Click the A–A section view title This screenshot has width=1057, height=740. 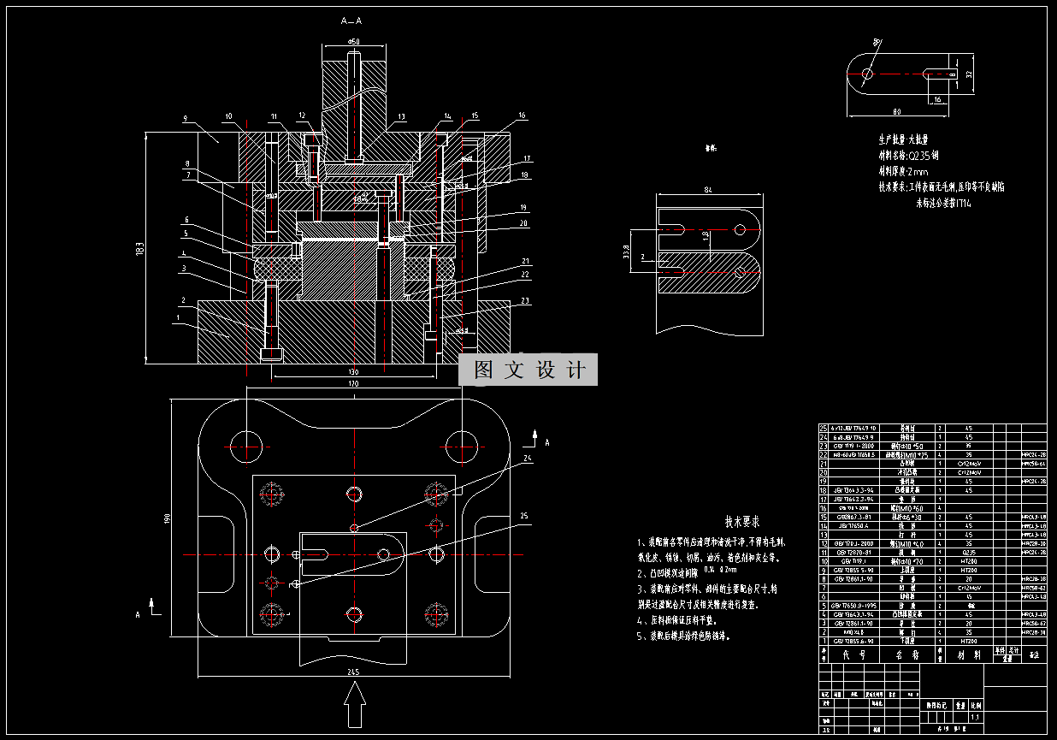point(351,20)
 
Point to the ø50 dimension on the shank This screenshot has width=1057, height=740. point(352,40)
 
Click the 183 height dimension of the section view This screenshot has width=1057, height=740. point(140,249)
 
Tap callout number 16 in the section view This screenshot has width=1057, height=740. point(522,115)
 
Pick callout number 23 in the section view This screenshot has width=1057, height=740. point(524,300)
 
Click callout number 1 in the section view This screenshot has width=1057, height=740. point(177,317)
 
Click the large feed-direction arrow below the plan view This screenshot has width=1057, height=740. point(354,707)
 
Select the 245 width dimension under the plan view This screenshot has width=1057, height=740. point(352,672)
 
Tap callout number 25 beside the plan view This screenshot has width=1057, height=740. point(524,515)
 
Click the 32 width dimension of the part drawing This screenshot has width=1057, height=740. point(969,74)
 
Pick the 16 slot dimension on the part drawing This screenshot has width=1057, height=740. point(937,99)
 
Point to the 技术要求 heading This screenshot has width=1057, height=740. point(741,521)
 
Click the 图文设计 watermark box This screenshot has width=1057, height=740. point(528,370)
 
